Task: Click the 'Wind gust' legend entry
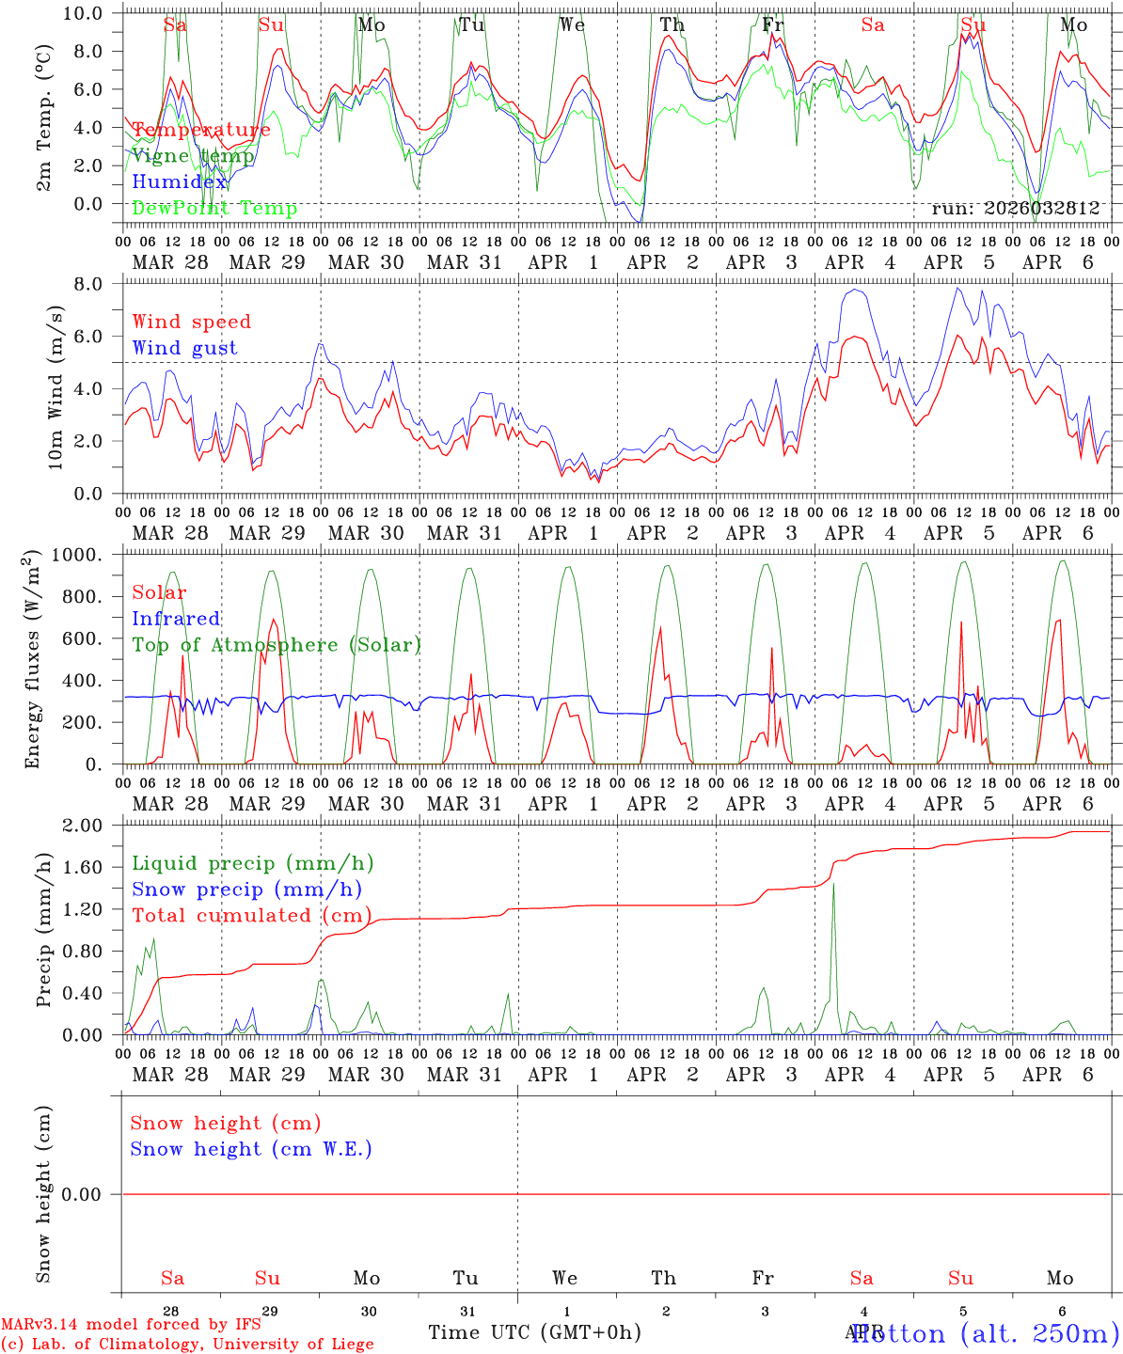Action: [184, 348]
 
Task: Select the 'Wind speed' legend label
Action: [192, 322]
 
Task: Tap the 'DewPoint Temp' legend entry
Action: [214, 208]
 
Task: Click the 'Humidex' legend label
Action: [180, 181]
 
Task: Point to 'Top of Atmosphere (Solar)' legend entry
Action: [277, 645]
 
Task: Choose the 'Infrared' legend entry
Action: [176, 619]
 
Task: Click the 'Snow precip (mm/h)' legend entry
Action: [246, 890]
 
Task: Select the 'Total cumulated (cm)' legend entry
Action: [251, 916]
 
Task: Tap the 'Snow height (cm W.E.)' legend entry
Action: [251, 1149]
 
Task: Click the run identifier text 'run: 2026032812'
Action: [1015, 208]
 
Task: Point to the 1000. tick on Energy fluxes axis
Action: [95, 556]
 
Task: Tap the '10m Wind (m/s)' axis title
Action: [55, 387]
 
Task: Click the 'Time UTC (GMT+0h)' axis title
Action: [534, 1332]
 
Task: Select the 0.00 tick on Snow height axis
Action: [88, 1194]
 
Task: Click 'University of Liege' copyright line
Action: [187, 1344]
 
